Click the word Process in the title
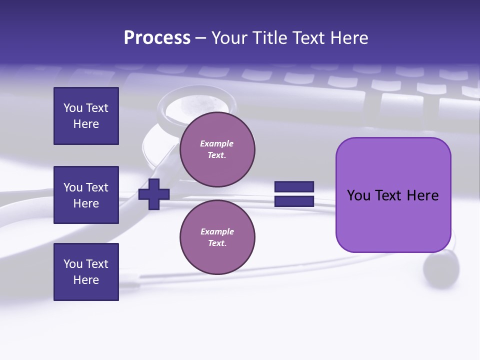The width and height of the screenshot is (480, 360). point(157,38)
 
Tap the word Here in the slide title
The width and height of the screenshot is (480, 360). point(350,38)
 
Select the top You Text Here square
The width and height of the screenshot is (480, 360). point(86,116)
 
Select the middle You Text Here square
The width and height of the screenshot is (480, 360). point(86,195)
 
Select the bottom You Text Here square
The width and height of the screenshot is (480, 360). point(86,272)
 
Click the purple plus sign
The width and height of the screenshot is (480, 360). point(153,194)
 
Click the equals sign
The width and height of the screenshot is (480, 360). point(294,194)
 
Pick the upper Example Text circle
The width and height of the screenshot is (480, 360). point(217,149)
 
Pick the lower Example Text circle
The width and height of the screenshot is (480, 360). point(217,237)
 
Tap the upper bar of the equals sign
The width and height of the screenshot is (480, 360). point(294,187)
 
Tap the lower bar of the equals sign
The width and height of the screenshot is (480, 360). point(294,201)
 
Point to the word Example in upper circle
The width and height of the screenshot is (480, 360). point(217,143)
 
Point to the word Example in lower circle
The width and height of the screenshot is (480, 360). point(217,231)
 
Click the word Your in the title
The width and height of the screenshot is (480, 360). point(229,38)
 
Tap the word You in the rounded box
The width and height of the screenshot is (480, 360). point(358,195)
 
